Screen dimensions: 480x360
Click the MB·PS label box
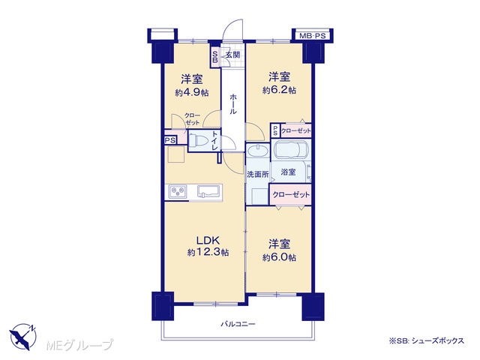pos(312,36)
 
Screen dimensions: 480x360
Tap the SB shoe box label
pos(215,57)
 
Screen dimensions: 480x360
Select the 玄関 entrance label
pos(233,55)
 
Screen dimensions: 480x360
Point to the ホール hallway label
pos(233,104)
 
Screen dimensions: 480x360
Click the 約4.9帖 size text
pos(192,92)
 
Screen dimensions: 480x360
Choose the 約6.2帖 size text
pos(279,90)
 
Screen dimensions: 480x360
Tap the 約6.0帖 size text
pos(279,257)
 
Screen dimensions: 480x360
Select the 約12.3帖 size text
pos(208,252)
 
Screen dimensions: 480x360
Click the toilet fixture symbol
pos(198,141)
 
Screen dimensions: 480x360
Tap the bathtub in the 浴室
pos(290,149)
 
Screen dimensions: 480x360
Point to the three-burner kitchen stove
pos(177,192)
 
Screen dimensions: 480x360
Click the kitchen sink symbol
pos(209,191)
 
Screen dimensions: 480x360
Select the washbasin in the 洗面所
pos(257,151)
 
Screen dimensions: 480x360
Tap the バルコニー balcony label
pos(238,324)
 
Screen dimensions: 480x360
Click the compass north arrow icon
pos(23,336)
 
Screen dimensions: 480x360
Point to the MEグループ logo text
pos(80,345)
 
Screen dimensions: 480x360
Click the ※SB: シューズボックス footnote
pos(427,340)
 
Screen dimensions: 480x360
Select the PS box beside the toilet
pos(170,140)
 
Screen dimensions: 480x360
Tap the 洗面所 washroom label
pos(258,174)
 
